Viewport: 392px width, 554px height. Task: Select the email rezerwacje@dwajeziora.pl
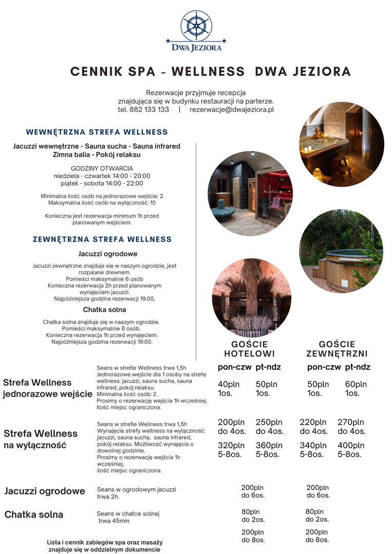231,110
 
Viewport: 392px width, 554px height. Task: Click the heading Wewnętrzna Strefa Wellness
97,132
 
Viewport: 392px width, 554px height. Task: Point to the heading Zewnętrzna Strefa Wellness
102,240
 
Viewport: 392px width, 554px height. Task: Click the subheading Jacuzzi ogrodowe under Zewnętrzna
108,254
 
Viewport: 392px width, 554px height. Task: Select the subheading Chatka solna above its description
105,310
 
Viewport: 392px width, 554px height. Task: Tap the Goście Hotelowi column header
249,349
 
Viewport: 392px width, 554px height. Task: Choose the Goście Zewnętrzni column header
338,349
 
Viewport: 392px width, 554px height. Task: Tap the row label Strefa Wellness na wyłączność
41,439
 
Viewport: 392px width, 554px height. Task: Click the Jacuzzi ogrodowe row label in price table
45,491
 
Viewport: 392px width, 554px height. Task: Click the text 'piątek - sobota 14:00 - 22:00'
99,183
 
